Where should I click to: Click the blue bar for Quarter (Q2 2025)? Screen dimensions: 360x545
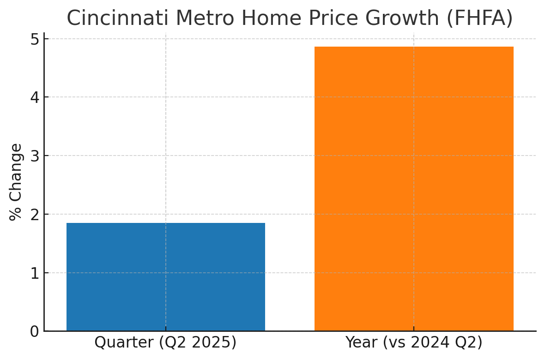166,277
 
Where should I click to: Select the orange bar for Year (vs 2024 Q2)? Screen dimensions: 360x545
414,189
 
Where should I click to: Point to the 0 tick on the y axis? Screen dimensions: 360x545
35,331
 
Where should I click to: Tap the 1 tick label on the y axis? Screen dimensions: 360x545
35,273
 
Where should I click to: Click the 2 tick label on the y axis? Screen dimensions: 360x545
35,214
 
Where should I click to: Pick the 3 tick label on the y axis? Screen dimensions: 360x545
35,156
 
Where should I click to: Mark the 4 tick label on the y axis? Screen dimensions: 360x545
35,97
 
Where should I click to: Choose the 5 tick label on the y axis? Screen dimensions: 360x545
35,39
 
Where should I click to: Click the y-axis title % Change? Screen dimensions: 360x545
16,182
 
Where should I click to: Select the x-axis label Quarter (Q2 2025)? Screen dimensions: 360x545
165,342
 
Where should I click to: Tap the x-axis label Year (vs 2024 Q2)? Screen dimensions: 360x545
414,342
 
